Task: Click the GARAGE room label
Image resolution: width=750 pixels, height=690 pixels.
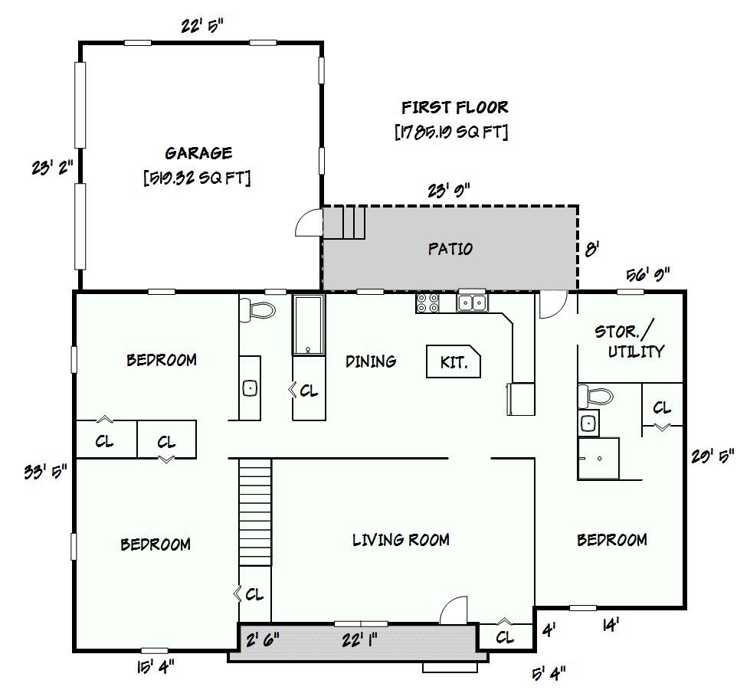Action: click(198, 153)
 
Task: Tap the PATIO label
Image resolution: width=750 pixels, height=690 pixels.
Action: click(450, 249)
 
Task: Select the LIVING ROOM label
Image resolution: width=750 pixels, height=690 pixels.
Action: click(401, 540)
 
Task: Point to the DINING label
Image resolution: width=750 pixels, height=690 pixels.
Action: click(371, 361)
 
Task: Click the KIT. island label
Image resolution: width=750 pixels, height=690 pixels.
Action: click(453, 362)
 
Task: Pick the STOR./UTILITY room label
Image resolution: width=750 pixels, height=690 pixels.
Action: click(629, 342)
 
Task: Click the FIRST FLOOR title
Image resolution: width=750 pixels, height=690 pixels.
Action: click(454, 107)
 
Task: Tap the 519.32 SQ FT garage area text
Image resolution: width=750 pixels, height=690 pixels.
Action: click(197, 178)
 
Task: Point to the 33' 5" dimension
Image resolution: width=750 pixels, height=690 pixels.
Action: click(46, 471)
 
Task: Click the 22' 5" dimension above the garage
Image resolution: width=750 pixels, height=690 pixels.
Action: click(202, 26)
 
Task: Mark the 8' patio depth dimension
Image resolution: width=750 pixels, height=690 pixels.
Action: click(592, 249)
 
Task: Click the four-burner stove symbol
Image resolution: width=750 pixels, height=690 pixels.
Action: click(427, 303)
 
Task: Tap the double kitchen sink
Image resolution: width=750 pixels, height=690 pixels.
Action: click(472, 302)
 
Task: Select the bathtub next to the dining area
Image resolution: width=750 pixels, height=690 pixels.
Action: click(309, 325)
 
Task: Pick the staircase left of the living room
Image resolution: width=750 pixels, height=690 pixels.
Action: click(255, 512)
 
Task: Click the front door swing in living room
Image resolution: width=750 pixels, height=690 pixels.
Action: click(454, 610)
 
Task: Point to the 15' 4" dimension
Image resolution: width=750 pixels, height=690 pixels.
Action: click(156, 666)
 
